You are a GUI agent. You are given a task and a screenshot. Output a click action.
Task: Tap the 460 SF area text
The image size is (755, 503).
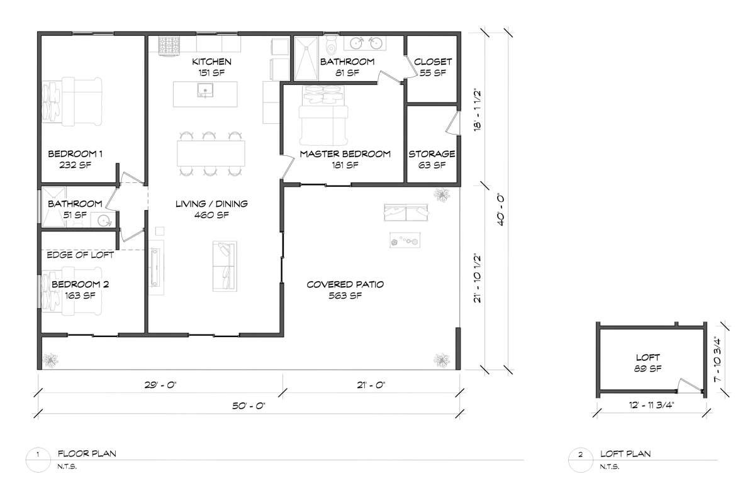coord(212,215)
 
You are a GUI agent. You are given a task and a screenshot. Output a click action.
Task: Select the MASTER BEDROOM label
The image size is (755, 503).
coord(345,153)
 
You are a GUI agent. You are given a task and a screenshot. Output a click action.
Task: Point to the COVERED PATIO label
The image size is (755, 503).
coord(345,285)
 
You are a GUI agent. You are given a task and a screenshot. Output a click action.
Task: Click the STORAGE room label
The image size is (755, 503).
coord(432,154)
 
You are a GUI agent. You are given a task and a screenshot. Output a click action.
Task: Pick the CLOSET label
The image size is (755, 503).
coord(433,62)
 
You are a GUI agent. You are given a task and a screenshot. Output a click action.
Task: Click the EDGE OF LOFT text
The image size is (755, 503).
coord(81,255)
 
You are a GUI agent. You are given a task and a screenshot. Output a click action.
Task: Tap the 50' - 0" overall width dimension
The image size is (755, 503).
coord(250,406)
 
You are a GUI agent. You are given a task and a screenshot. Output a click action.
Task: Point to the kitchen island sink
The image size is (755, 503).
coord(204,93)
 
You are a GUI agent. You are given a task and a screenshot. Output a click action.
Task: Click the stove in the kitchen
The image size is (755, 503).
coord(170,46)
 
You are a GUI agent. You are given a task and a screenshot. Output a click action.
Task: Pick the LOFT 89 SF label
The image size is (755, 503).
coord(649,363)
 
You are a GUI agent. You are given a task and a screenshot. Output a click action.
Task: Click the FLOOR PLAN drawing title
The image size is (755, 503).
coord(86,453)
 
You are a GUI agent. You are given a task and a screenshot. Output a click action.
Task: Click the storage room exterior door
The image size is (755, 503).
coord(454,123)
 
